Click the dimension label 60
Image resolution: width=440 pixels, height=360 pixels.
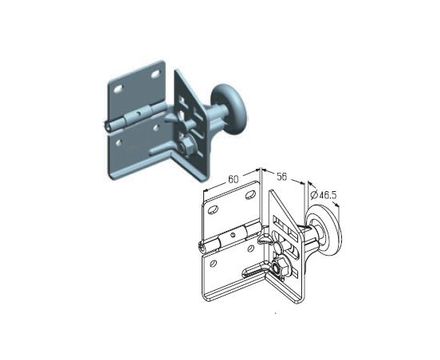233,179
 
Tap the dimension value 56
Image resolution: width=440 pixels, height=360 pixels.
282,177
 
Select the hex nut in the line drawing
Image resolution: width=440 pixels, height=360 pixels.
277,268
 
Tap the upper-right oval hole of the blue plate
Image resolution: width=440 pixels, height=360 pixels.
155,74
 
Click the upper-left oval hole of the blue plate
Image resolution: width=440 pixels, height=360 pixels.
118,89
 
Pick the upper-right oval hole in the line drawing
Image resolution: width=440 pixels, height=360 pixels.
250,195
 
